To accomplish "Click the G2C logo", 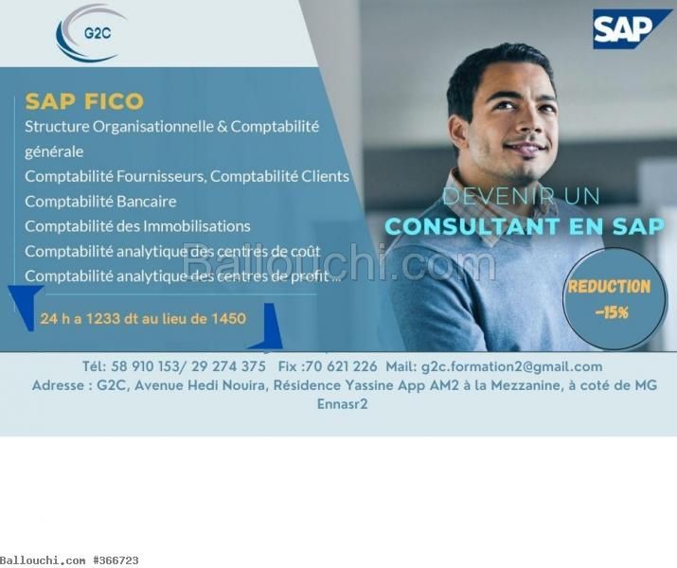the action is (91, 33).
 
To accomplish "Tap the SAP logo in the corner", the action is (626, 29).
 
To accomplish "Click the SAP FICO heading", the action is (84, 101).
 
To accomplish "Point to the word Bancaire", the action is (147, 202).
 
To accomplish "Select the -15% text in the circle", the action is (612, 312).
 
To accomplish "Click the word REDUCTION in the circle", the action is (609, 287).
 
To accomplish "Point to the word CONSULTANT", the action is (472, 226).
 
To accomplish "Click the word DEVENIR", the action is (499, 196).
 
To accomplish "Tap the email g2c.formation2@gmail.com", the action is (511, 367).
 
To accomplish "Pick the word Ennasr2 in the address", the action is (343, 404).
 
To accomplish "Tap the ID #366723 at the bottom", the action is (116, 560).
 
